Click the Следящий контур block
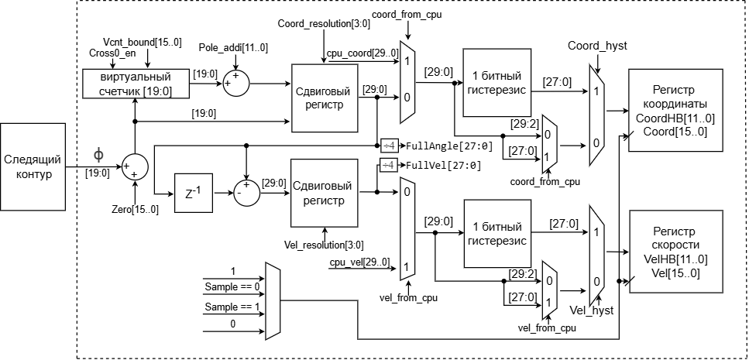(33, 166)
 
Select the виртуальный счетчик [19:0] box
(136, 84)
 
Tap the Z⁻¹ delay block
(193, 193)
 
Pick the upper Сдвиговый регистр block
(325, 98)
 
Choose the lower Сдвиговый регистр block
(325, 193)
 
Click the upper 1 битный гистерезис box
(496, 83)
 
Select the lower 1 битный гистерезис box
(496, 234)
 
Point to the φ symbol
(98, 155)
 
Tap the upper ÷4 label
(388, 146)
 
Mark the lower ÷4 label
(388, 165)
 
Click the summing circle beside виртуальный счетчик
(235, 83)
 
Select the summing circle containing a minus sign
(246, 194)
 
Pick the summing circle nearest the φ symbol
(135, 167)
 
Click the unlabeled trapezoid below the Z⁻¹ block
(272, 301)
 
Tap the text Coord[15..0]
(675, 132)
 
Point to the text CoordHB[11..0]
(675, 118)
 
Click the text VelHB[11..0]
(675, 259)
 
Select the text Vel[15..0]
(675, 273)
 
